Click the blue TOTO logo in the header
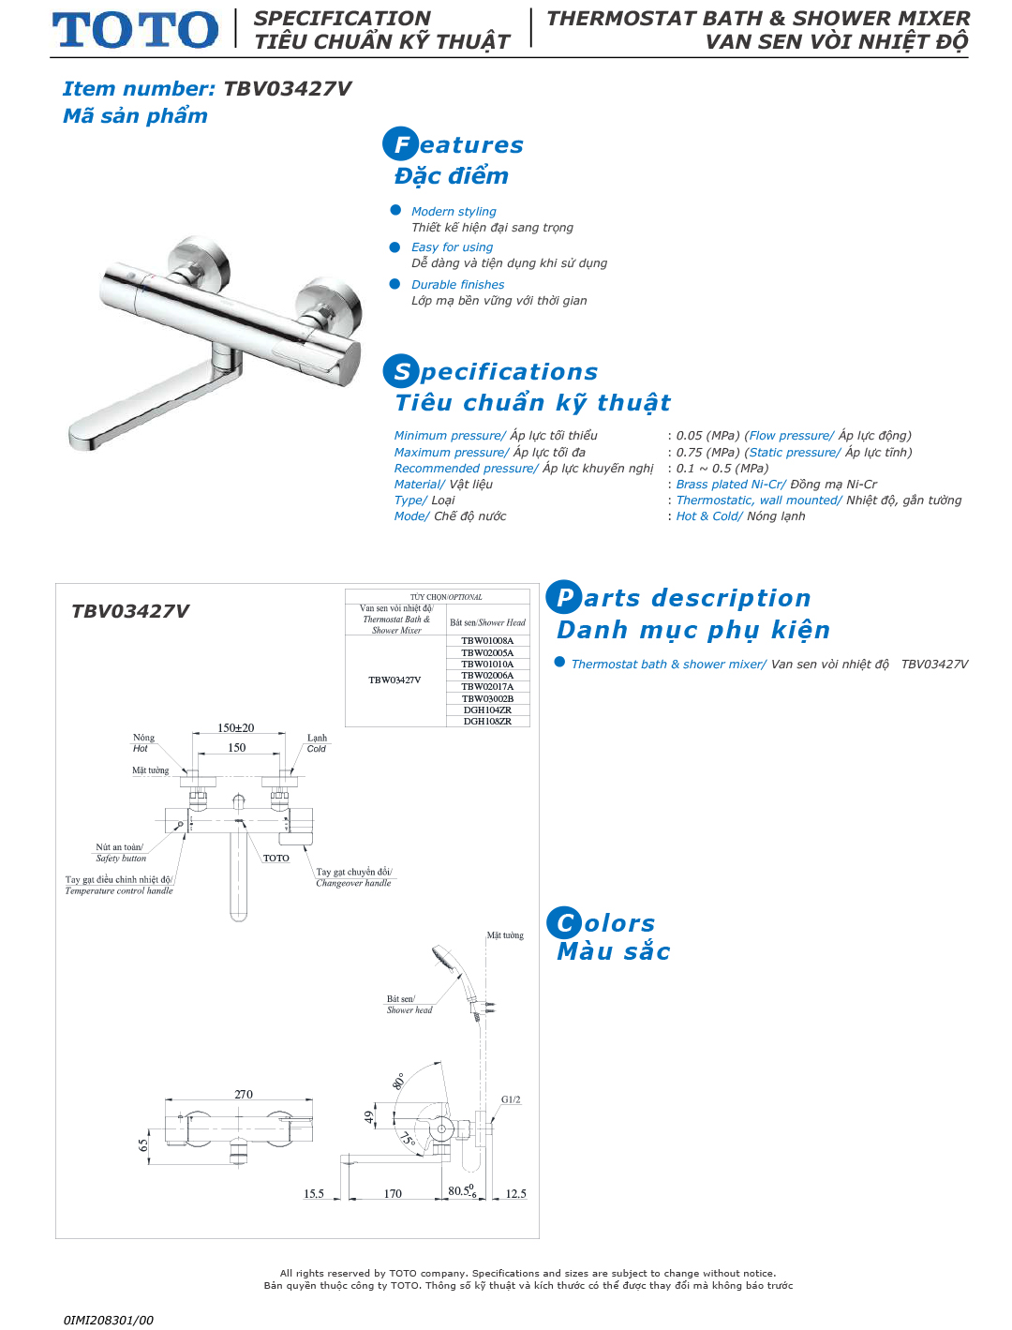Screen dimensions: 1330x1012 tap(135, 30)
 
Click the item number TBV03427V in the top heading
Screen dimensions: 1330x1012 tap(287, 89)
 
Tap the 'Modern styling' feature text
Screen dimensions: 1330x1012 tap(454, 212)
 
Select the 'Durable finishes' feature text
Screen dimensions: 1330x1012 tap(457, 285)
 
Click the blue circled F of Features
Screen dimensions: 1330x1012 tap(400, 144)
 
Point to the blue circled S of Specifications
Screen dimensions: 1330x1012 tap(400, 371)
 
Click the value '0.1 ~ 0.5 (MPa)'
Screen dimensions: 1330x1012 tap(722, 469)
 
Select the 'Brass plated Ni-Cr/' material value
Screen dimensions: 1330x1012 tap(731, 485)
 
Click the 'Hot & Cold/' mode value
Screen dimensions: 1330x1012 tap(709, 516)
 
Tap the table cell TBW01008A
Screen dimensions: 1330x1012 tap(487, 641)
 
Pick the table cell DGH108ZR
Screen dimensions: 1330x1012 tap(487, 722)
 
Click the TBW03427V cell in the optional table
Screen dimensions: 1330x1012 tap(394, 680)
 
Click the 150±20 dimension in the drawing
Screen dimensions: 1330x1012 tap(236, 728)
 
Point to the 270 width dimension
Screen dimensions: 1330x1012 tap(244, 1095)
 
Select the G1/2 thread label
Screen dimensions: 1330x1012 tap(511, 1100)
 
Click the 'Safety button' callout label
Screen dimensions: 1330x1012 tap(121, 859)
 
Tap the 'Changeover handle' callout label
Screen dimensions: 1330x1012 tap(353, 884)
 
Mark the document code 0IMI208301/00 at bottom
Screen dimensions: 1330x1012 tap(109, 1321)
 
